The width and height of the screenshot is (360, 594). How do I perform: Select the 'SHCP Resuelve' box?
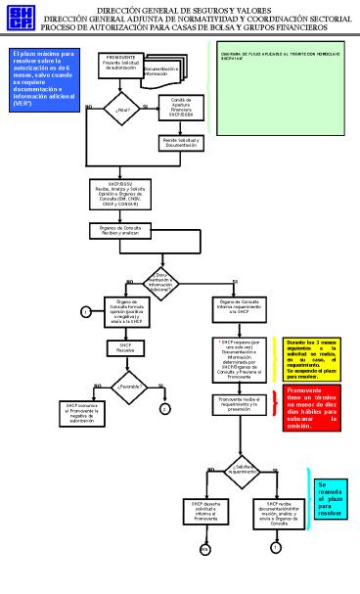124,346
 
